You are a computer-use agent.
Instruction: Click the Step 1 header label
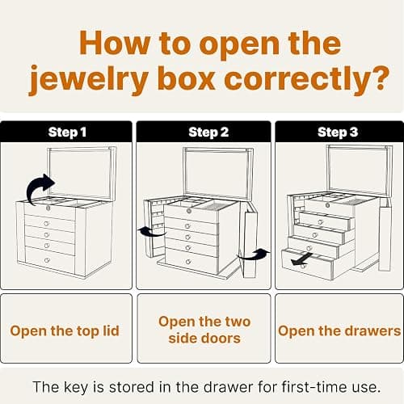pos(67,133)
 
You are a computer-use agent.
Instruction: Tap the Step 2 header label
pos(208,133)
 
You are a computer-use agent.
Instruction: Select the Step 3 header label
pos(338,133)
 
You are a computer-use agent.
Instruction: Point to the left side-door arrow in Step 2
pos(151,232)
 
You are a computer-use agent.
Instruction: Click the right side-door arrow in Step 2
pos(255,255)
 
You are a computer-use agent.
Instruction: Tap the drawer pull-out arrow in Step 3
pos(301,259)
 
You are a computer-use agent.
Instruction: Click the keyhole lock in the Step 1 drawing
pos(48,208)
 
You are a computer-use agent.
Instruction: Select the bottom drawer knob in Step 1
pos(47,260)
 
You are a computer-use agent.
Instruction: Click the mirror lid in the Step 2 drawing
pos(218,173)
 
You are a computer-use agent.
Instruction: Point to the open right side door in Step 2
pos(250,240)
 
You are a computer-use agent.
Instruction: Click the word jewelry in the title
pos(89,78)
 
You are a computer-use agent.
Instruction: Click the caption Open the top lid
pos(65,331)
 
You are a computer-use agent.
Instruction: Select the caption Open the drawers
pos(339,330)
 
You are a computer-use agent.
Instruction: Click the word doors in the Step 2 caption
pos(221,339)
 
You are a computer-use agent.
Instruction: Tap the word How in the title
pos(115,43)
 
